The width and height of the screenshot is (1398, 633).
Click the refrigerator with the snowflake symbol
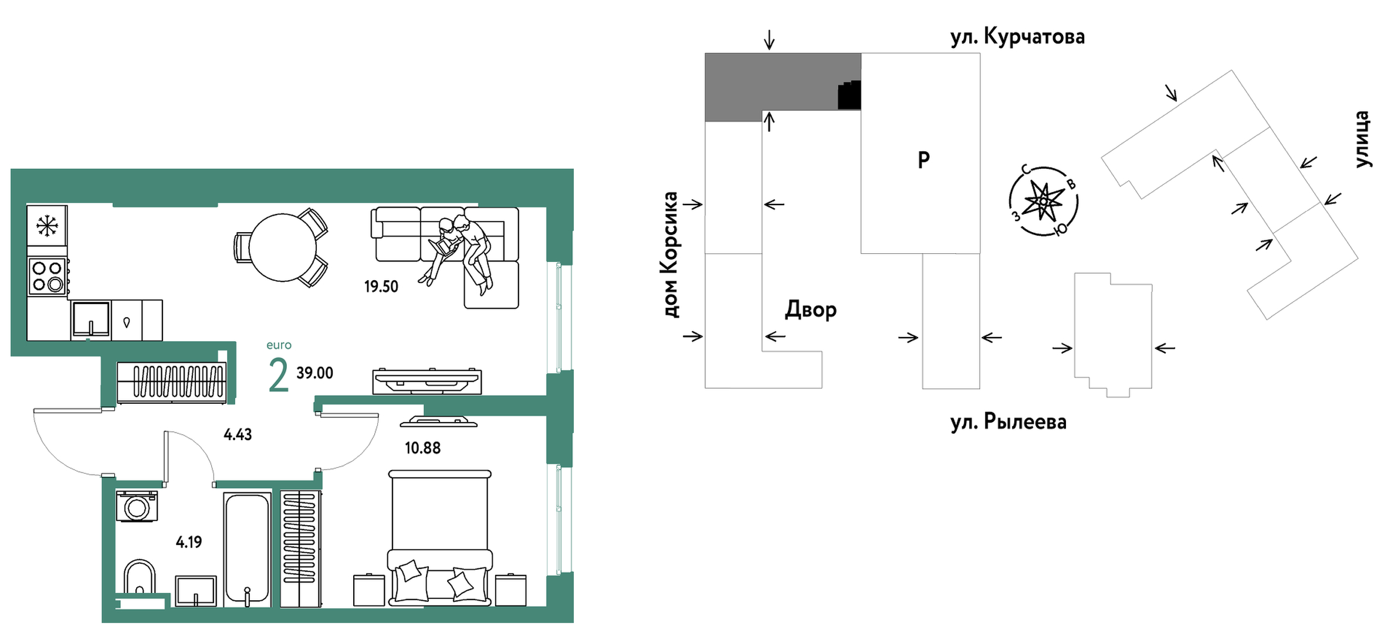[47, 226]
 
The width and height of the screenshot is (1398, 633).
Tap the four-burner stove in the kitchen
[47, 276]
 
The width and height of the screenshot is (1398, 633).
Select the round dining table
[283, 247]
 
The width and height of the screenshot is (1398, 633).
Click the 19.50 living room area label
[381, 287]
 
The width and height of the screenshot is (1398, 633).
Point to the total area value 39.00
[314, 373]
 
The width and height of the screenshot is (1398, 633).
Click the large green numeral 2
[278, 375]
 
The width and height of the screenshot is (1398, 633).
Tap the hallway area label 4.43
[238, 434]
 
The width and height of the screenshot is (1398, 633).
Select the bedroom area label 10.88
[422, 448]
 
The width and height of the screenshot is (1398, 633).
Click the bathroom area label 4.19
[189, 542]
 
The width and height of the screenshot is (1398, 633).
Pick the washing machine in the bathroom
[137, 506]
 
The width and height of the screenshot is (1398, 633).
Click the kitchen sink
[91, 320]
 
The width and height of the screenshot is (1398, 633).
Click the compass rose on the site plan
[1043, 202]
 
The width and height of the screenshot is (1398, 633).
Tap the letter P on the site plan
[923, 159]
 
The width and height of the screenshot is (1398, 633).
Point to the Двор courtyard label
[811, 309]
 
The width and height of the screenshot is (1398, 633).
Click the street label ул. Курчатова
[1017, 37]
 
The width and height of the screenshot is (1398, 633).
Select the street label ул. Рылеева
[1008, 422]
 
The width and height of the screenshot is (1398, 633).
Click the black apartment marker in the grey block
[849, 95]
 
